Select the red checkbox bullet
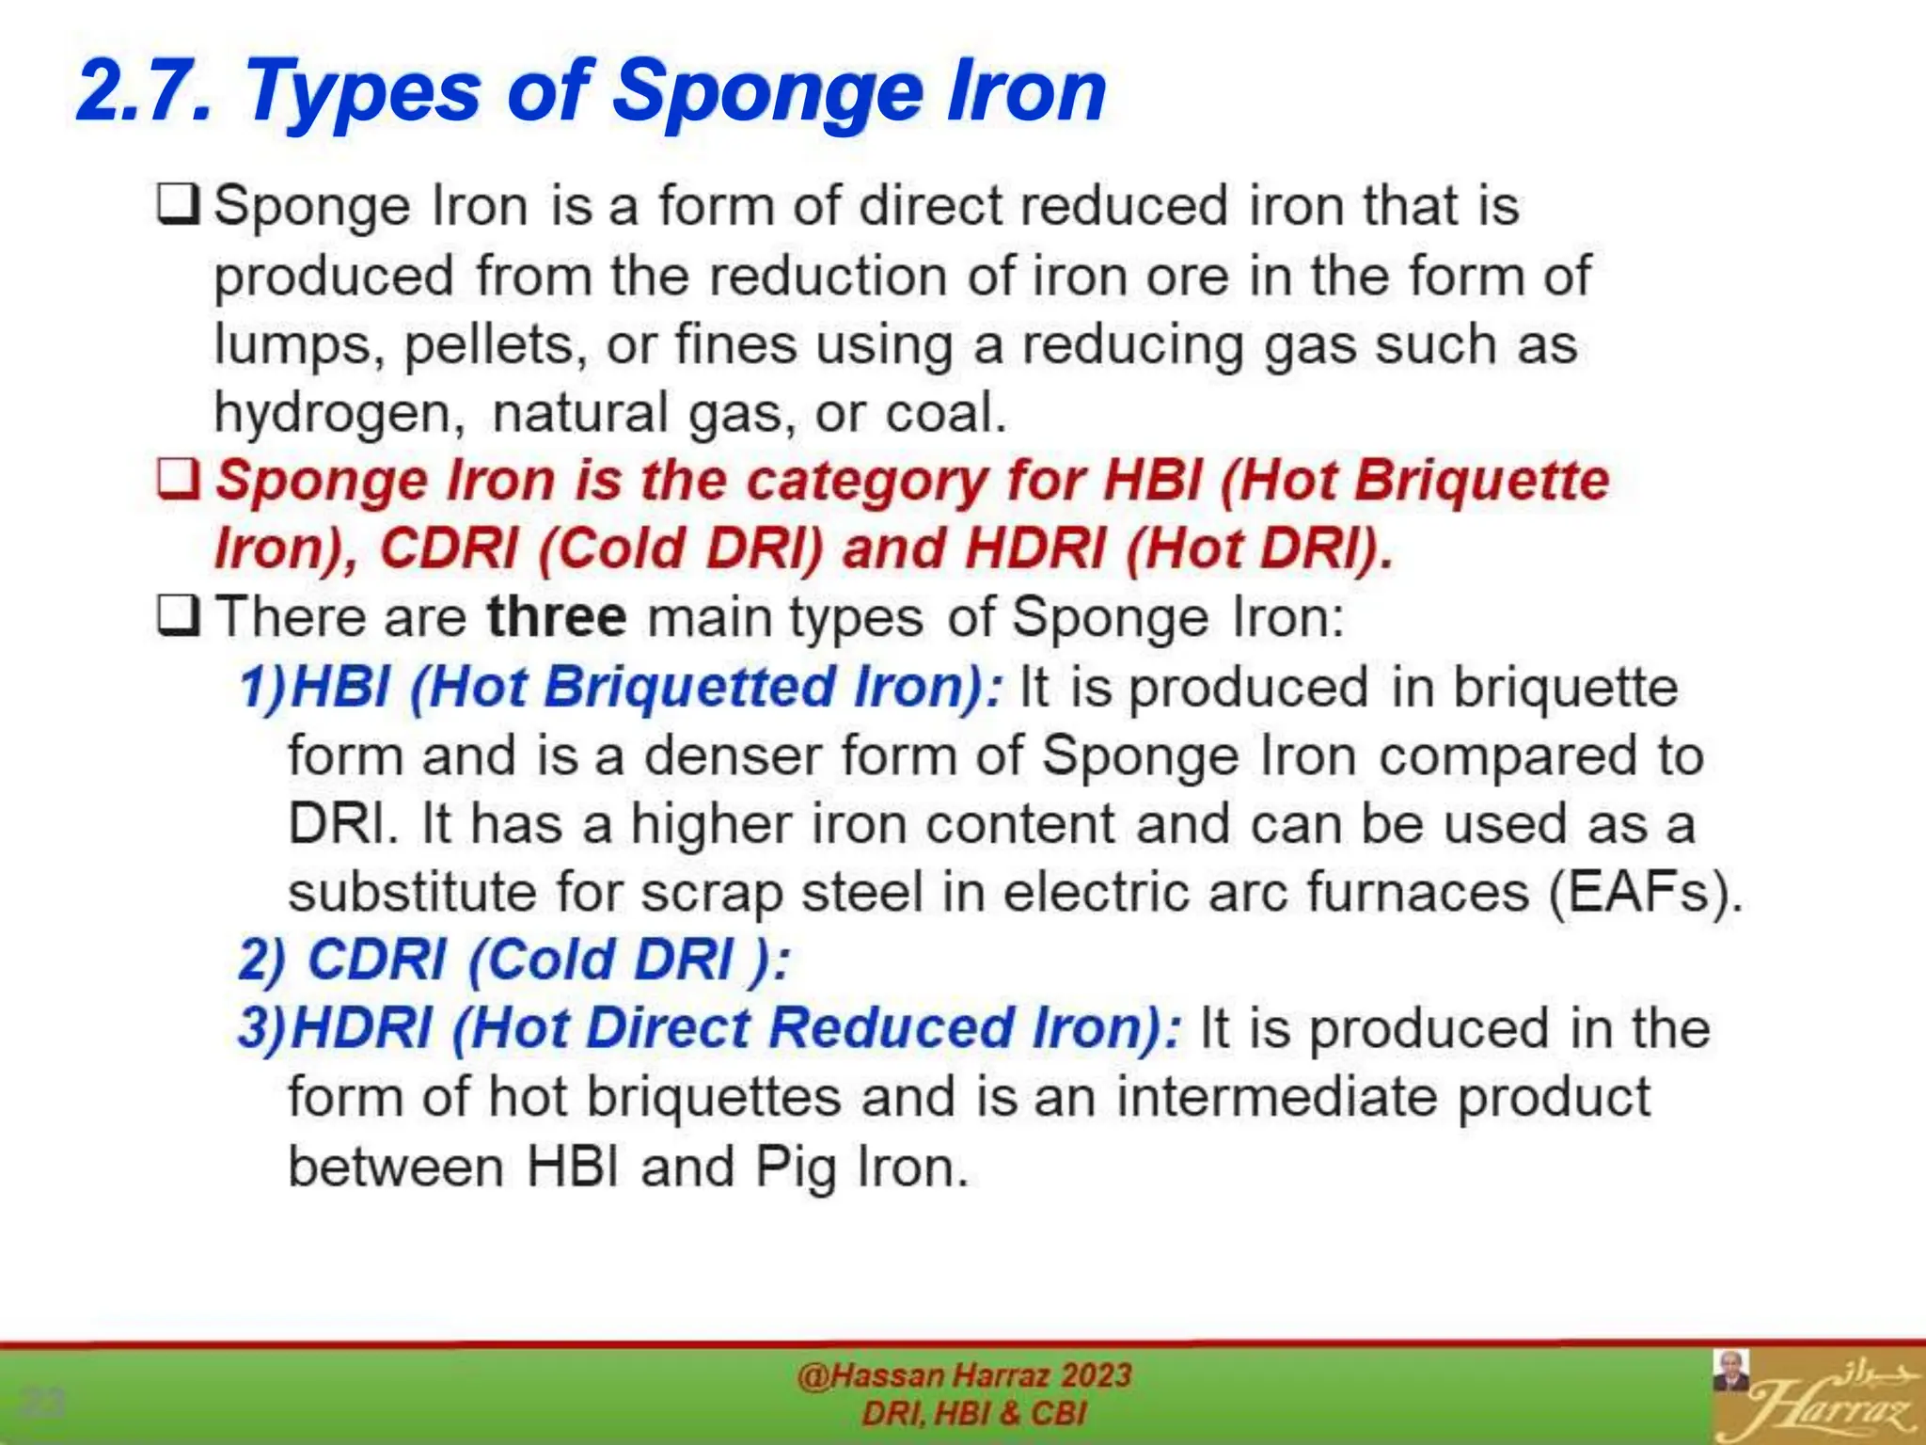point(178,480)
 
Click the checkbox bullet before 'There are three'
point(178,617)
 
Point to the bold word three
point(556,617)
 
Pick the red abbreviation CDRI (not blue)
point(449,548)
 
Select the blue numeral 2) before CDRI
point(261,961)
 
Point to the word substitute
point(412,892)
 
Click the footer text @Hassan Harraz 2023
point(963,1375)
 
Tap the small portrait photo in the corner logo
point(1731,1372)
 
